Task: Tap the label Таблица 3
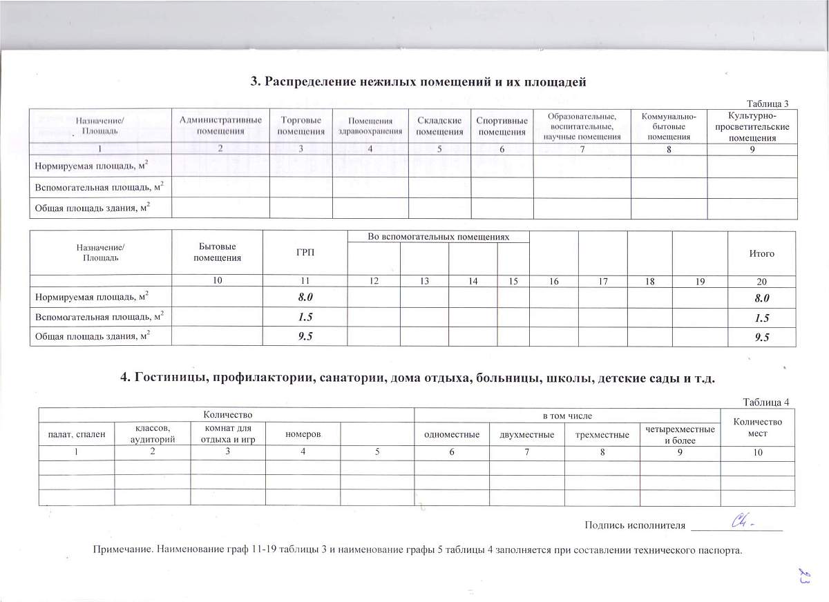pos(765,103)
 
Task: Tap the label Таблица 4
pos(765,402)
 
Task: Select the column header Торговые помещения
pos(301,126)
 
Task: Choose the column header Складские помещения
pos(439,126)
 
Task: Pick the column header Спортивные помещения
pos(502,126)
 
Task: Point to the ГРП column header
pos(305,253)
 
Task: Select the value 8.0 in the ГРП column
pos(305,298)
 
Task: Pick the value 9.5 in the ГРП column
pos(305,338)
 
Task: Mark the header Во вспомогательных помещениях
pos(438,237)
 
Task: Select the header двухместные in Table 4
pos(527,435)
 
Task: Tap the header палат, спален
pos(76,435)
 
